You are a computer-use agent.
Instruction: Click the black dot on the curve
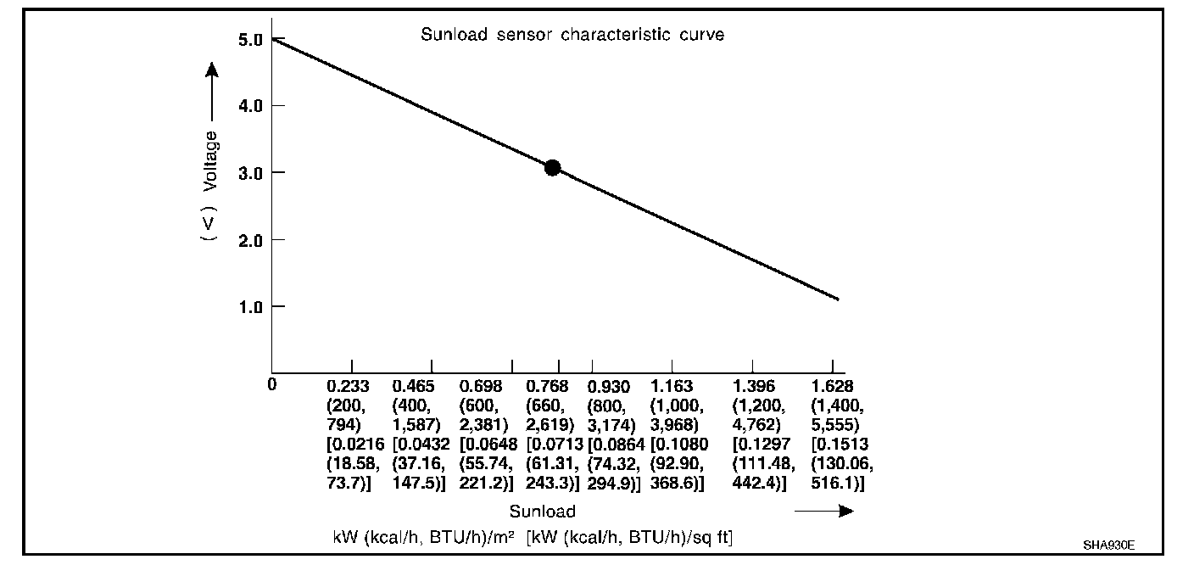pyautogui.click(x=552, y=167)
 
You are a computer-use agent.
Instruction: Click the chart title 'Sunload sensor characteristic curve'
pyautogui.click(x=572, y=36)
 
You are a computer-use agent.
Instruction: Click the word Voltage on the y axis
pyautogui.click(x=209, y=160)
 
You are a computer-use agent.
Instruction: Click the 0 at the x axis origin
pyautogui.click(x=272, y=384)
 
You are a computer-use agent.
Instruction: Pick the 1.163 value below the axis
pyautogui.click(x=672, y=387)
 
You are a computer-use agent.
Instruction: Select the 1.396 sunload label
pyautogui.click(x=754, y=387)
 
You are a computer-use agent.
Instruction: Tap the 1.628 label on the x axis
pyautogui.click(x=833, y=387)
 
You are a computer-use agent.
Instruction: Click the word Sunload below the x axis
pyautogui.click(x=542, y=512)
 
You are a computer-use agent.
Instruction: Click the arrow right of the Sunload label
pyautogui.click(x=824, y=511)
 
